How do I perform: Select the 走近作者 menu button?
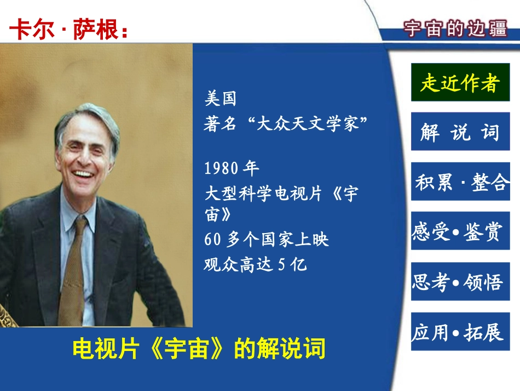pyautogui.click(x=460, y=83)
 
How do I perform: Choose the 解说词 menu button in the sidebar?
pyautogui.click(x=460, y=132)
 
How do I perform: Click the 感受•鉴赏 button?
pyautogui.click(x=460, y=231)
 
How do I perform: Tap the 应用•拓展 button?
pyautogui.click(x=460, y=332)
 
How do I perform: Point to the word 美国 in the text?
pyautogui.click(x=220, y=99)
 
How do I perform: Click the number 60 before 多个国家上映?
pyautogui.click(x=212, y=240)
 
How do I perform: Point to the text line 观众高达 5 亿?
pyautogui.click(x=255, y=265)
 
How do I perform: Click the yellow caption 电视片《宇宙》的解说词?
pyautogui.click(x=199, y=349)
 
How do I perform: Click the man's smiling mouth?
pyautogui.click(x=83, y=174)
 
